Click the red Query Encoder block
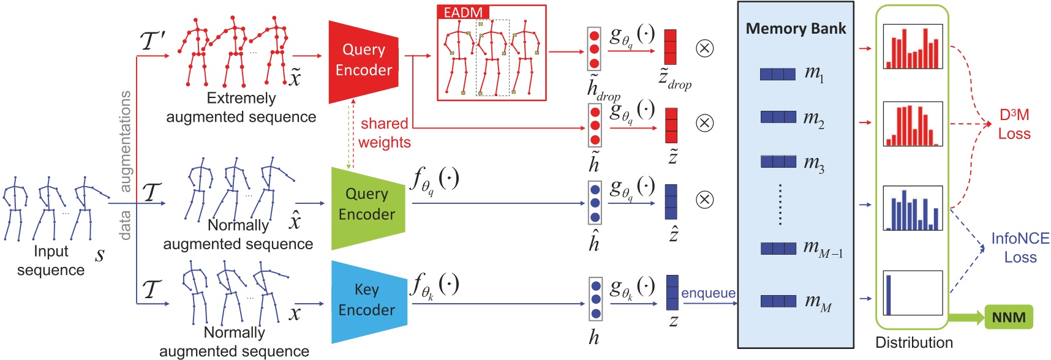(x=363, y=61)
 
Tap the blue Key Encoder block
(x=367, y=301)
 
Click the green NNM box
(x=1008, y=317)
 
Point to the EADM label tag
(x=463, y=12)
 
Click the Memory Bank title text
(x=796, y=29)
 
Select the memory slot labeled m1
(x=778, y=74)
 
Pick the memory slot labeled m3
(x=778, y=162)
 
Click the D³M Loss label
(x=1014, y=124)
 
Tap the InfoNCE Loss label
(x=1020, y=247)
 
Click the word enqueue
(x=708, y=293)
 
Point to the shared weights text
(x=384, y=133)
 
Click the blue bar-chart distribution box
(x=912, y=208)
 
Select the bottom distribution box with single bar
(x=912, y=293)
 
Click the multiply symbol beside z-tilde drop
(x=705, y=48)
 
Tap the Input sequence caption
(x=51, y=260)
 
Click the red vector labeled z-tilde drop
(x=670, y=47)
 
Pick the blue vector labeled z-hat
(x=671, y=202)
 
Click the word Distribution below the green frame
(x=914, y=342)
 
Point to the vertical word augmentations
(x=125, y=141)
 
